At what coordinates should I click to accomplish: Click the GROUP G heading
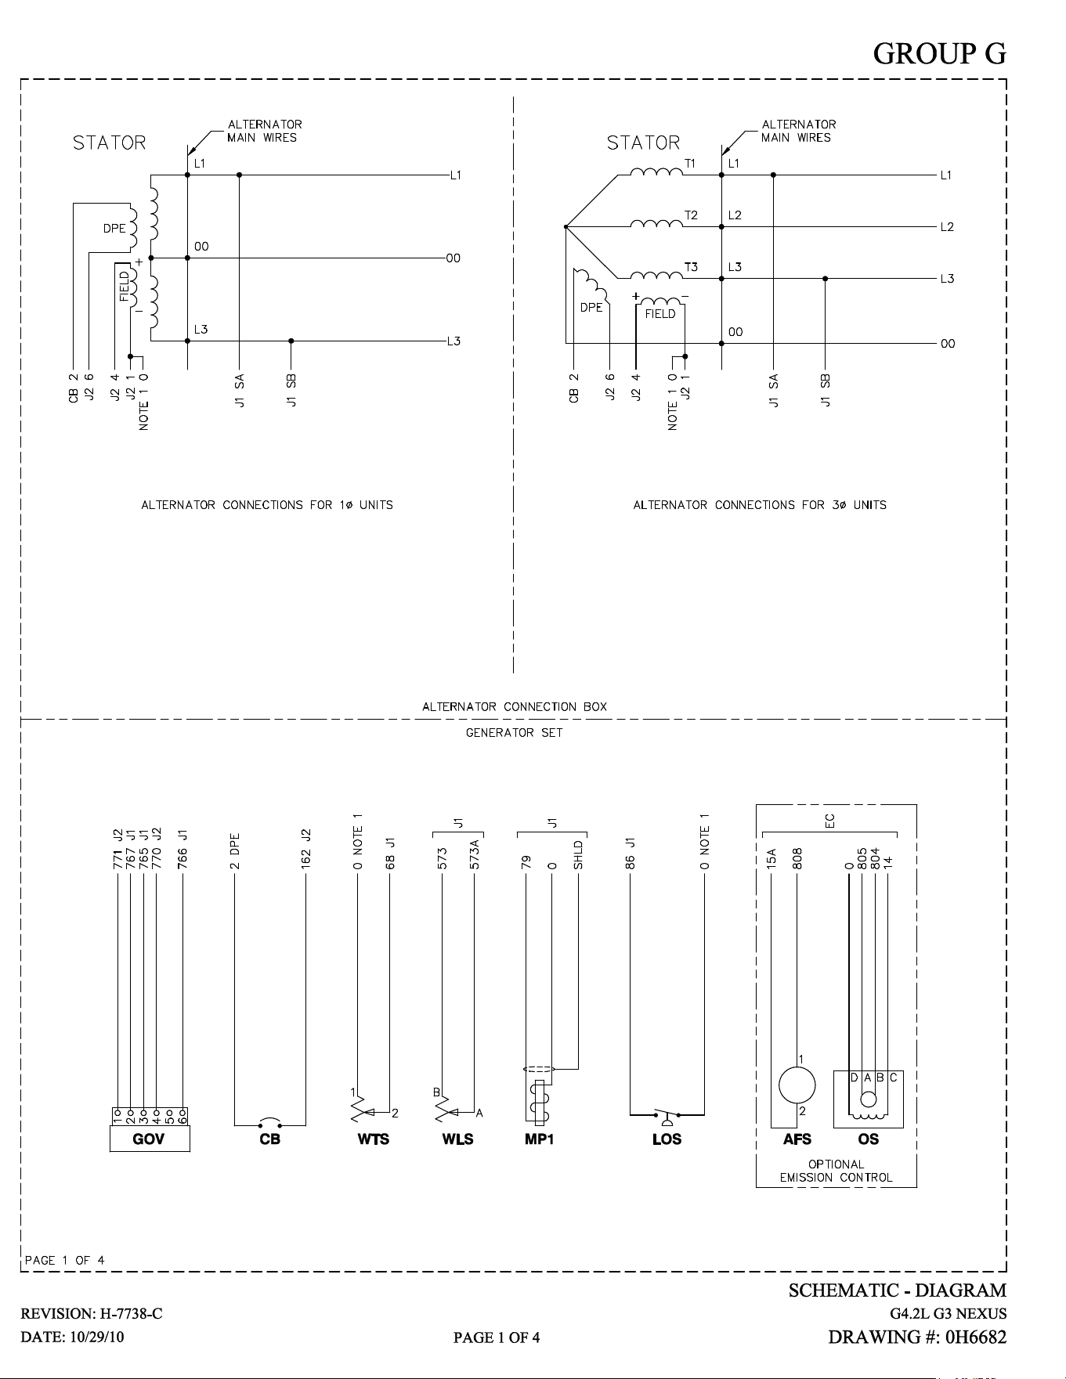click(x=939, y=53)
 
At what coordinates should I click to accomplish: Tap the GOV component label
click(x=149, y=1139)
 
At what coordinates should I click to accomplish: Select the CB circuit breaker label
click(x=269, y=1139)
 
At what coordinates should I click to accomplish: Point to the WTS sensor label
click(x=373, y=1139)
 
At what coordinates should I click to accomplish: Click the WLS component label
click(x=457, y=1139)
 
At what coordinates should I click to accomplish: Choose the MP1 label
click(x=540, y=1139)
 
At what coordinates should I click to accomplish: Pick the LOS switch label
click(x=667, y=1139)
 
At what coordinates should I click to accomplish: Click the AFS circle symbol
click(x=797, y=1085)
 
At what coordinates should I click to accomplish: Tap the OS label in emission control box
click(x=869, y=1139)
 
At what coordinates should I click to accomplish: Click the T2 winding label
click(x=691, y=215)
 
